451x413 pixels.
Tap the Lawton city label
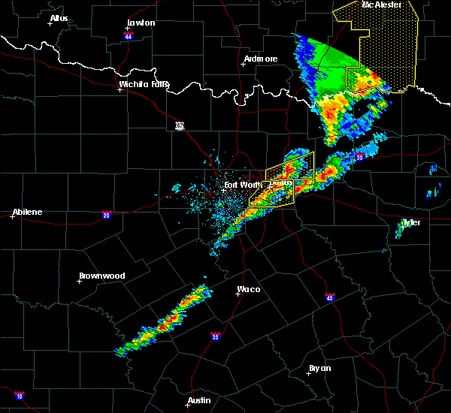pyautogui.click(x=140, y=23)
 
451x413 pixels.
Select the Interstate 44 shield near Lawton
pyautogui.click(x=129, y=35)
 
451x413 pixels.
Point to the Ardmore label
pyautogui.click(x=261, y=59)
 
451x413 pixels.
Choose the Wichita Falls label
pyautogui.click(x=144, y=84)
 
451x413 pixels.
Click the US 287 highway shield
pyautogui.click(x=179, y=125)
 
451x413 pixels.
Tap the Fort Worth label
pyautogui.click(x=241, y=184)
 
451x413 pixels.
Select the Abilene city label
pyautogui.click(x=27, y=212)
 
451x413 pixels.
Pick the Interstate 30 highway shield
pyautogui.click(x=359, y=157)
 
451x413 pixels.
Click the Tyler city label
pyautogui.click(x=411, y=222)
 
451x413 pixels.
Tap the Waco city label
pyautogui.click(x=249, y=289)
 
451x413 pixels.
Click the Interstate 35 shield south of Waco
pyautogui.click(x=216, y=336)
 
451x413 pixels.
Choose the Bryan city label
pyautogui.click(x=319, y=368)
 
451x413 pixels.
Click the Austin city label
pyautogui.click(x=199, y=400)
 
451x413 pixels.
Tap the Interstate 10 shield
pyautogui.click(x=19, y=396)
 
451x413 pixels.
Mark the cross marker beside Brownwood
pyautogui.click(x=80, y=282)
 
